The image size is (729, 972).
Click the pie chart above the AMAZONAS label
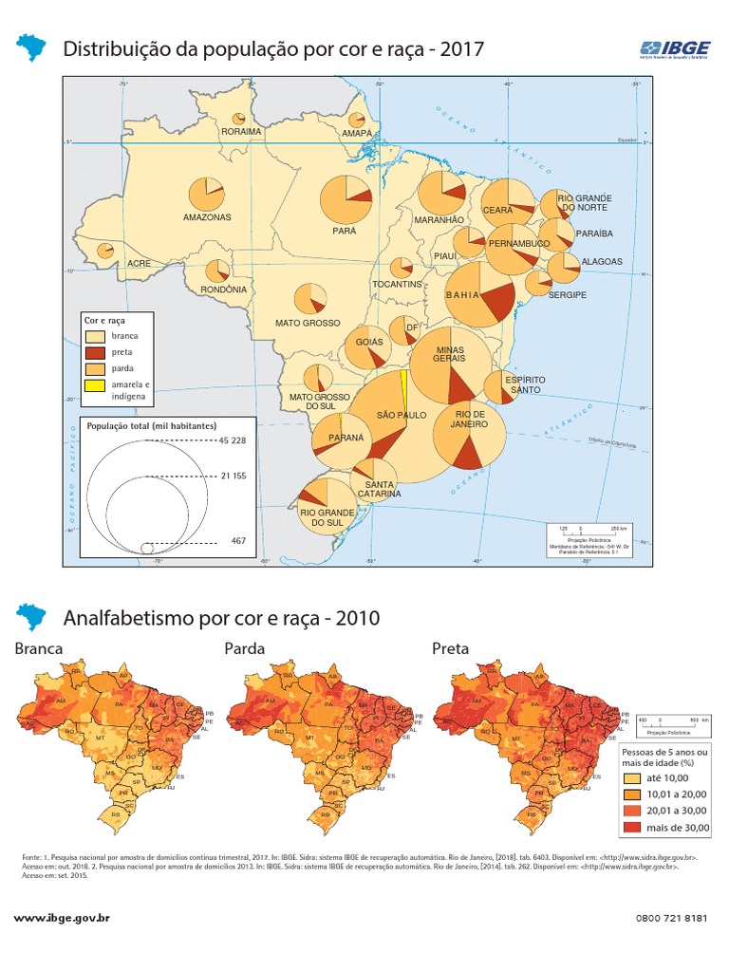click(x=207, y=195)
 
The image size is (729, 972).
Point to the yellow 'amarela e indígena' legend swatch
click(x=95, y=385)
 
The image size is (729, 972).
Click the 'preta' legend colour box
click(x=95, y=352)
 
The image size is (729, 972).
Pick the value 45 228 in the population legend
click(x=232, y=441)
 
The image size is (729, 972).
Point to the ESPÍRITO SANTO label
click(x=525, y=384)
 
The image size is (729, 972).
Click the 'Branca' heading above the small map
click(x=39, y=648)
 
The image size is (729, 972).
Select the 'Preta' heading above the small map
click(x=450, y=648)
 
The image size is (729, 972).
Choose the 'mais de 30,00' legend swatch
click(x=632, y=826)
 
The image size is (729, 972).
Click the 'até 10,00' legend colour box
click(x=632, y=776)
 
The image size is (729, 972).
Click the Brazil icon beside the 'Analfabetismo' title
click(x=33, y=617)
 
